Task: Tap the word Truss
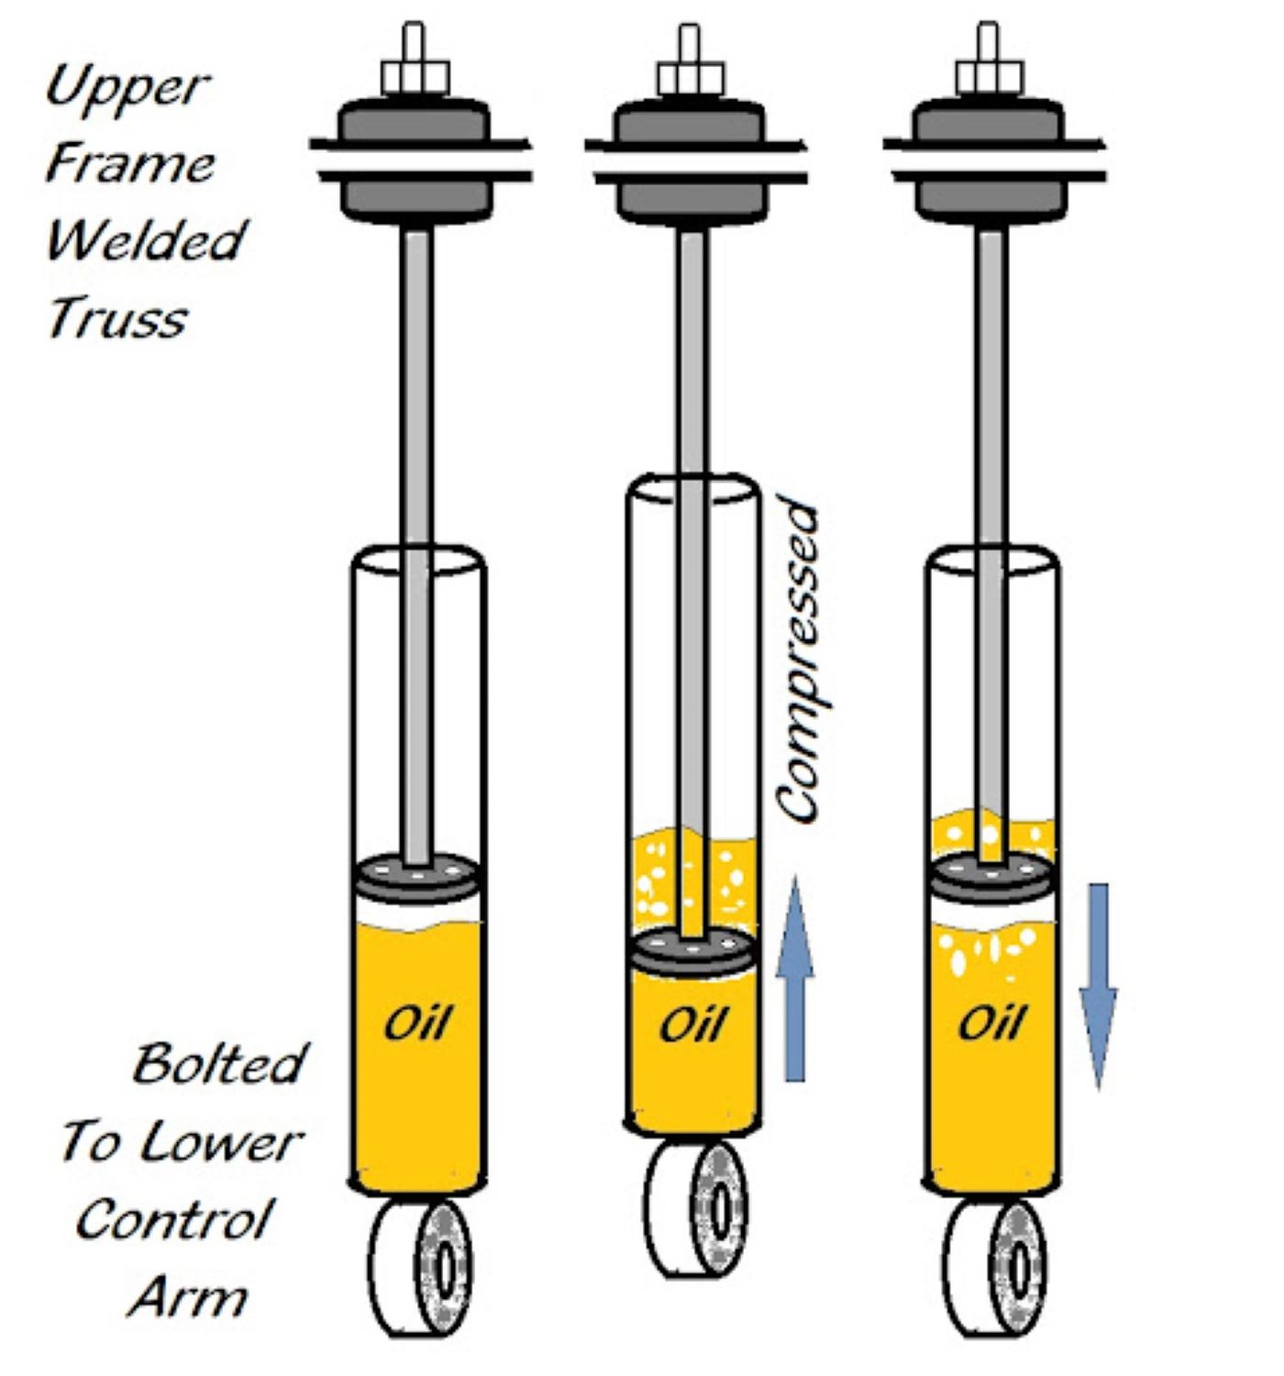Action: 116,319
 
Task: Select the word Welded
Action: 146,240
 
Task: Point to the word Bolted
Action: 218,1064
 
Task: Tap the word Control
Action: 173,1220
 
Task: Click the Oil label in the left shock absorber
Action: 417,1023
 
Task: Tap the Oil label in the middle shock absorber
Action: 693,1023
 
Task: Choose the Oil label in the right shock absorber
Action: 991,1023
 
